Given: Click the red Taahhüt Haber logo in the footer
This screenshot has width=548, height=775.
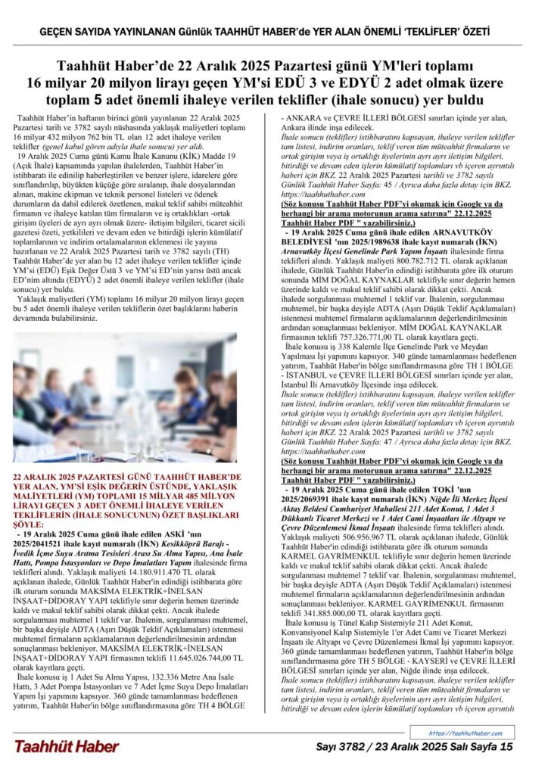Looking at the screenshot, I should coord(66,746).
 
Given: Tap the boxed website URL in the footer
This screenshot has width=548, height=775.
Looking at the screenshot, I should coord(470,733).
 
